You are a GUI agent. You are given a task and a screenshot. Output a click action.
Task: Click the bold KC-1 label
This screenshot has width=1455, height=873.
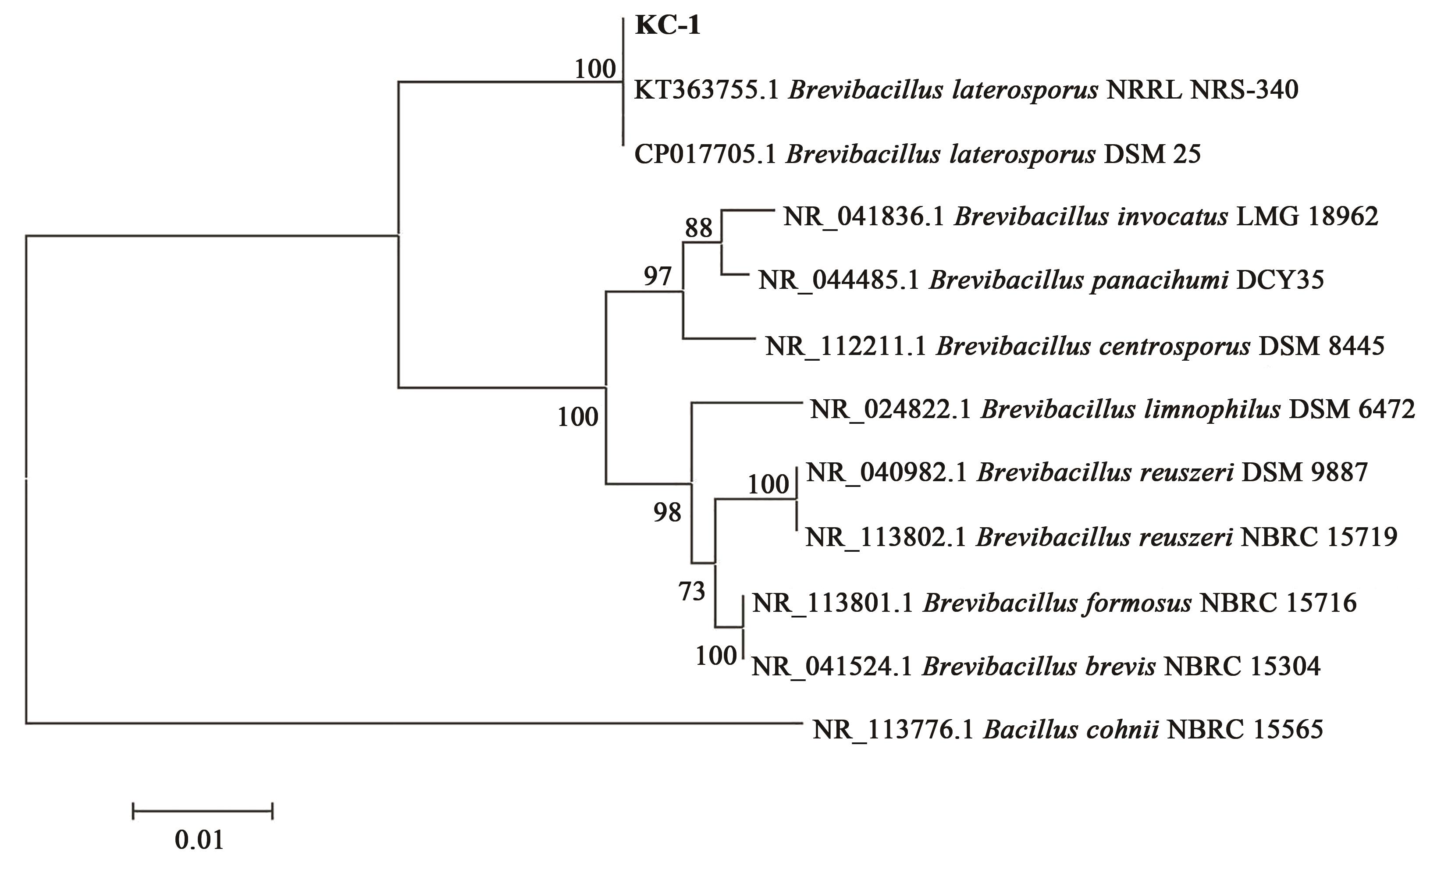coord(668,26)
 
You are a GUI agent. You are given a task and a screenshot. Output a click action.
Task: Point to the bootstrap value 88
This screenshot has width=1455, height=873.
coord(698,227)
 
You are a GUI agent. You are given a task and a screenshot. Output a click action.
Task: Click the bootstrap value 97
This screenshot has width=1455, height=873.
coord(657,276)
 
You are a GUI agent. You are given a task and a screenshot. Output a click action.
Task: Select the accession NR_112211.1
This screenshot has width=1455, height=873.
coord(846,346)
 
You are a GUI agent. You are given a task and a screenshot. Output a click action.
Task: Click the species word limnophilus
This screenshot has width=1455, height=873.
coord(1130,409)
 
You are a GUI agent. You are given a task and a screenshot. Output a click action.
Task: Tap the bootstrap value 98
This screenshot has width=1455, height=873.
coord(667,513)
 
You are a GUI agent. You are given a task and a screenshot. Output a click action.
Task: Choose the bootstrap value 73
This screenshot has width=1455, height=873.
coord(691,591)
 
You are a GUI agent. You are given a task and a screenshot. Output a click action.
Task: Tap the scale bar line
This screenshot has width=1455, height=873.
coord(203,811)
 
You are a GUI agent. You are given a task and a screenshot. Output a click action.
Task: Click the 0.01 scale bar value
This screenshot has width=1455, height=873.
coord(199,840)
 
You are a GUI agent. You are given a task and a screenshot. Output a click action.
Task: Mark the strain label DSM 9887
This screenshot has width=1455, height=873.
coord(1304,472)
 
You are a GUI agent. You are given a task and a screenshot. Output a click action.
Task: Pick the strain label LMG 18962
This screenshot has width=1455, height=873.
coord(1307,217)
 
